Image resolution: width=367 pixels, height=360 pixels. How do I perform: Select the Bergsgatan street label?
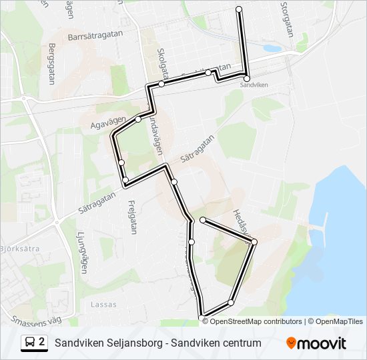pos(52,64)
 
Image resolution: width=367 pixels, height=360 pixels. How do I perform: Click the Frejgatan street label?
pos(131,214)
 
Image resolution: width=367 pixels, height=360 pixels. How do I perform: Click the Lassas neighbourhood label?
pos(102,305)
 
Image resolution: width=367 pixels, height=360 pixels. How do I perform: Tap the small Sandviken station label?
pos(254,85)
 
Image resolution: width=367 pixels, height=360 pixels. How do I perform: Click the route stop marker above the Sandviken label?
pos(246,78)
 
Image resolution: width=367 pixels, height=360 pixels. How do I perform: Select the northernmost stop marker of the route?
pos(239,9)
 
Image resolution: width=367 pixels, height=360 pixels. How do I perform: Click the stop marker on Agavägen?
pos(138,119)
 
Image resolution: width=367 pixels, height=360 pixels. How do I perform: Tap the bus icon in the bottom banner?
pos(31,343)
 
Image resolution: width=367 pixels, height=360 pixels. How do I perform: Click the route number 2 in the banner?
pos(42,343)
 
